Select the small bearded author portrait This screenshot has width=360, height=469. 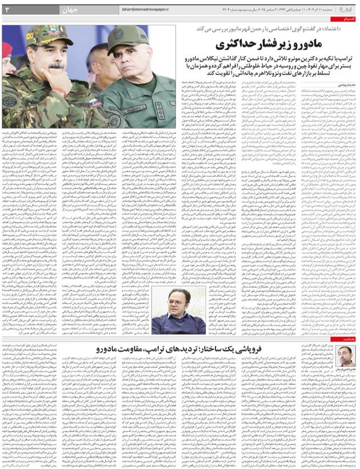tap(343, 357)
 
